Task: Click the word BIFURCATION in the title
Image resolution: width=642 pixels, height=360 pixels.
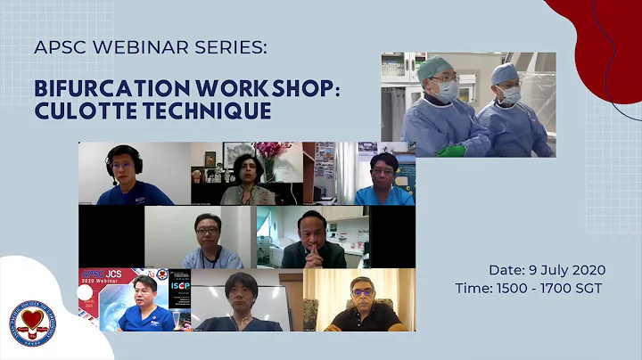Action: [99, 91]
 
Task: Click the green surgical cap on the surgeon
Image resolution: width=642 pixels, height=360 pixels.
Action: [435, 68]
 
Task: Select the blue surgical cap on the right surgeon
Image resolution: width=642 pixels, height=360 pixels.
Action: [506, 72]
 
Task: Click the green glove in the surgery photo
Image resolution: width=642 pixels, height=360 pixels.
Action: [451, 150]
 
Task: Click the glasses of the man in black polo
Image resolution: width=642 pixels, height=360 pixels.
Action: [361, 291]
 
